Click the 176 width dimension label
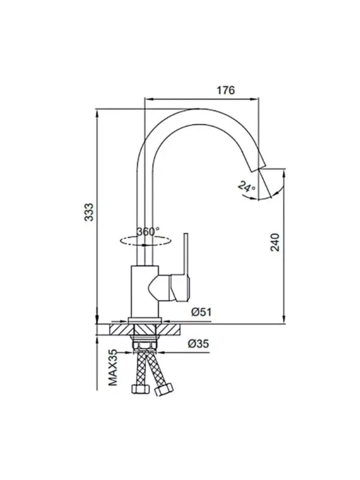[x=226, y=91]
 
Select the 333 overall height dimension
[x=89, y=212]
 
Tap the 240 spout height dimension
[x=275, y=242]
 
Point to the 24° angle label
[x=247, y=187]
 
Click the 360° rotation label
[x=148, y=232]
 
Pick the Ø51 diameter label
[x=202, y=312]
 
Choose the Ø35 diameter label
[x=198, y=344]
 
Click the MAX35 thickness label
[x=113, y=368]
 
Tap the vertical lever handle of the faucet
[x=186, y=254]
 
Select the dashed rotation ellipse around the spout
[x=145, y=241]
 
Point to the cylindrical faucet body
[x=145, y=291]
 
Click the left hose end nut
[x=140, y=389]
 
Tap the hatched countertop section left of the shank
[x=121, y=330]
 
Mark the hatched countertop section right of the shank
[x=169, y=330]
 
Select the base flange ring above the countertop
[x=145, y=320]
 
